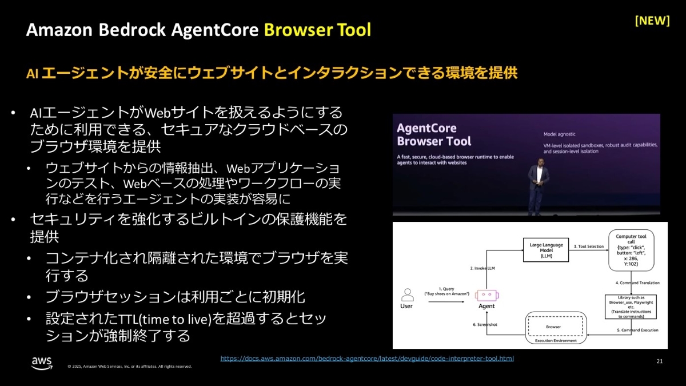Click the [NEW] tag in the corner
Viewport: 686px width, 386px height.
tap(652, 21)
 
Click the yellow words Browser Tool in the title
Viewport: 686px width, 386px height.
tap(317, 30)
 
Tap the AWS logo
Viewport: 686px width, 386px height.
tap(42, 363)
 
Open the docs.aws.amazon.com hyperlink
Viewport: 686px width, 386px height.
tap(367, 359)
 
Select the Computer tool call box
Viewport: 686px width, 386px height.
tap(630, 251)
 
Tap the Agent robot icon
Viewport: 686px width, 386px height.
tap(486, 295)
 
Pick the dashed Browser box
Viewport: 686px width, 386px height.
tap(552, 327)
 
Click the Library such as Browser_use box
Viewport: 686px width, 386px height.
tap(630, 307)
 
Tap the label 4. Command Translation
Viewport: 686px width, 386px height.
tap(637, 283)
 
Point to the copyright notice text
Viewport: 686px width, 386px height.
tap(129, 367)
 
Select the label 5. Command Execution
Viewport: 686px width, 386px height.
tap(637, 330)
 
